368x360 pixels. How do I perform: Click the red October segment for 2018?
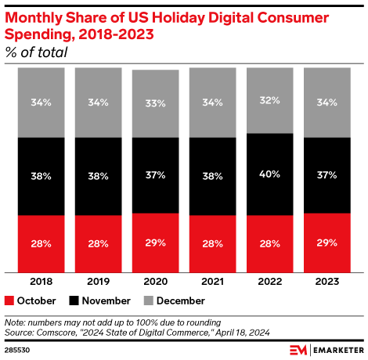pyautogui.click(x=41, y=243)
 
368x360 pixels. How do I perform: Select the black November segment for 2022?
pyautogui.click(x=269, y=174)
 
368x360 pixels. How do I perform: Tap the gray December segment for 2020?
pyautogui.click(x=155, y=103)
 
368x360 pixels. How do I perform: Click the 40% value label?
pyautogui.click(x=269, y=175)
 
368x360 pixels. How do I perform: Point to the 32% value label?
pyautogui.click(x=269, y=100)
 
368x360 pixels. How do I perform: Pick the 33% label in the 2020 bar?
pyautogui.click(x=155, y=103)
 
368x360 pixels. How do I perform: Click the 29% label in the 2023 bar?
pyautogui.click(x=327, y=242)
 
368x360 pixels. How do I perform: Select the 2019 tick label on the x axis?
pyautogui.click(x=98, y=281)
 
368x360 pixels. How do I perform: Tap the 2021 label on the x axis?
pyautogui.click(x=212, y=281)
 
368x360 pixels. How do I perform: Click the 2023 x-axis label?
pyautogui.click(x=327, y=281)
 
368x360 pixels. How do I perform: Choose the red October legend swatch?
pyautogui.click(x=9, y=301)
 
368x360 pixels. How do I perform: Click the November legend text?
pyautogui.click(x=99, y=301)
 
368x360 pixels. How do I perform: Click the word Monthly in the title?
pyautogui.click(x=35, y=17)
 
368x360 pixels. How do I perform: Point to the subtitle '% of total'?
pyautogui.click(x=35, y=52)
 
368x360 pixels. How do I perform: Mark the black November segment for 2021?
pyautogui.click(x=212, y=176)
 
